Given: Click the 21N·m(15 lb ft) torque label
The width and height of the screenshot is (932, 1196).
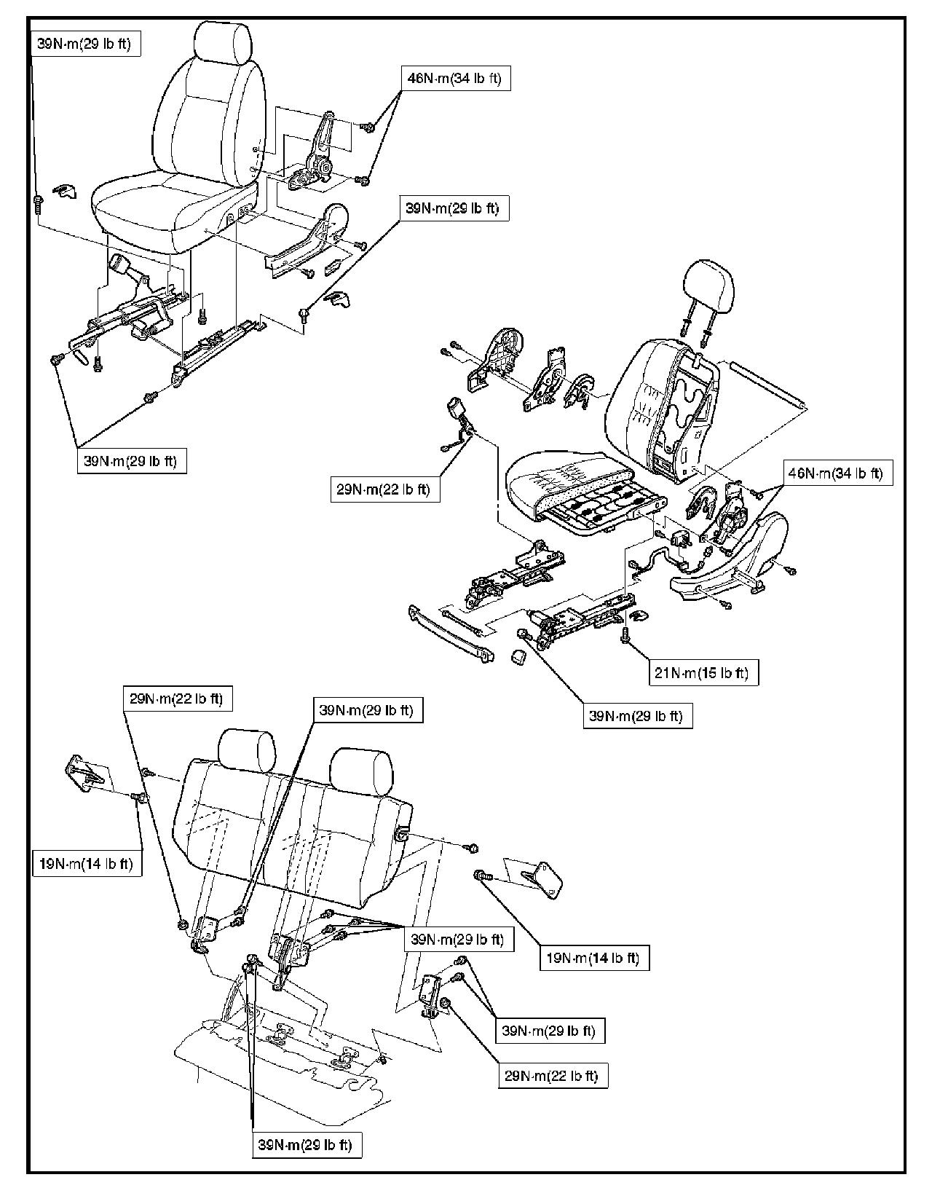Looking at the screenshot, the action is (703, 672).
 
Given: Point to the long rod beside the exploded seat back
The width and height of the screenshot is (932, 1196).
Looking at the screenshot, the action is (768, 385).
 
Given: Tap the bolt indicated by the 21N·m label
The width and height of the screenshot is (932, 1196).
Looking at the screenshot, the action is (625, 636).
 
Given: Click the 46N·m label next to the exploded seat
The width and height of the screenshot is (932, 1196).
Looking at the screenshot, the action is (837, 473).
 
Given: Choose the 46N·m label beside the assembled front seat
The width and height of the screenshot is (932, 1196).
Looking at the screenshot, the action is (456, 78).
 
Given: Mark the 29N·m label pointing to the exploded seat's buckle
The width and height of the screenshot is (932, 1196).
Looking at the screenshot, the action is (384, 489).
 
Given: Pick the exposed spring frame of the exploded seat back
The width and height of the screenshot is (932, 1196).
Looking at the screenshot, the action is (684, 417).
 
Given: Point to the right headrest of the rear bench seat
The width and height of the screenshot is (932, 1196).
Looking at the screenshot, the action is (363, 771).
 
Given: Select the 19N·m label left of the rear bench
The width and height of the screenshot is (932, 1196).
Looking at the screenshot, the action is (87, 864).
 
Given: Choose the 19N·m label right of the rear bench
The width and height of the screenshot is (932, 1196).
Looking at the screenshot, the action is (594, 959).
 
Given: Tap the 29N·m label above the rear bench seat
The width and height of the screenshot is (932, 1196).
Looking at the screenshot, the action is (177, 699).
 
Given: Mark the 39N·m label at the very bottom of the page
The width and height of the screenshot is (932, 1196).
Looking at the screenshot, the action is (307, 1145).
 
